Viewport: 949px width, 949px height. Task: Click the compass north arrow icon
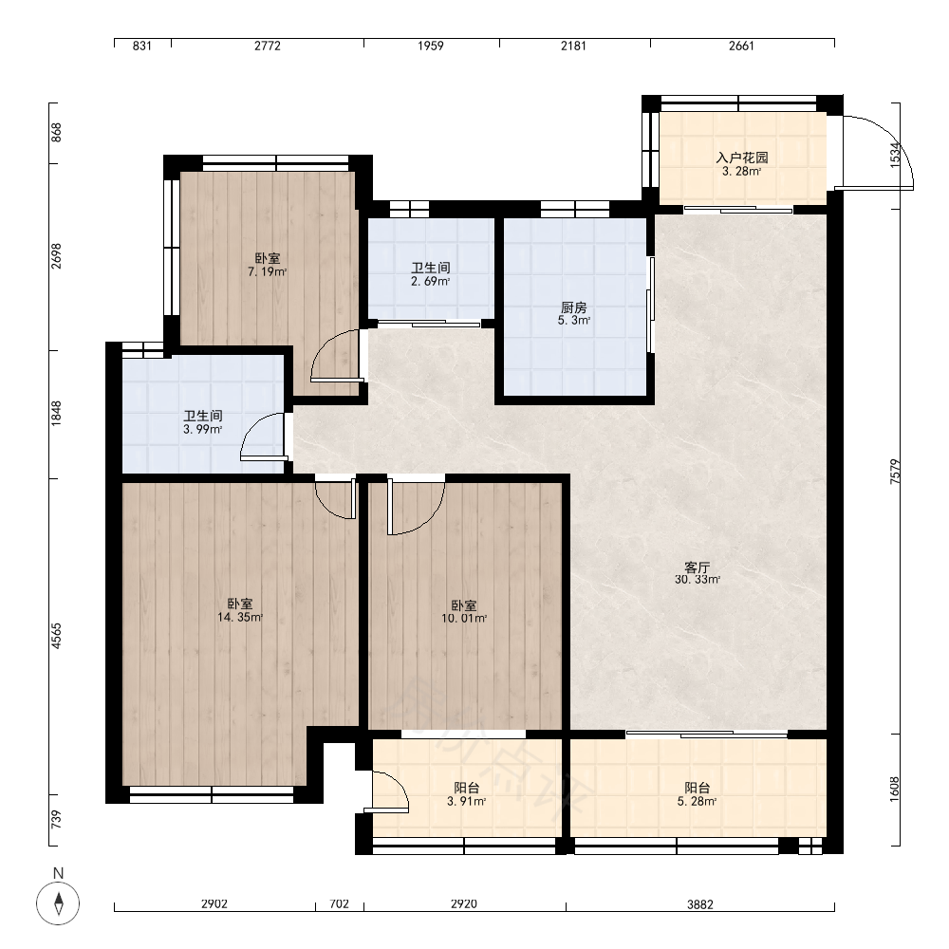click(58, 902)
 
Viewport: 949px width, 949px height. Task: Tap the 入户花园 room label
click(742, 158)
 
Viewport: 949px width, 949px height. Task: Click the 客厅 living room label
click(697, 568)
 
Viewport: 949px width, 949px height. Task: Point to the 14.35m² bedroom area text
click(240, 618)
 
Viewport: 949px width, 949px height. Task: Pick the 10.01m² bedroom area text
click(464, 619)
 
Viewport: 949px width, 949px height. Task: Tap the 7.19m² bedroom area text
click(267, 271)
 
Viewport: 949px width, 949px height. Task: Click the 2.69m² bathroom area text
click(430, 282)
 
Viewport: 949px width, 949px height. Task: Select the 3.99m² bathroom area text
click(203, 430)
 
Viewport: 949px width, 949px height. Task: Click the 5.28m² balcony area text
click(698, 802)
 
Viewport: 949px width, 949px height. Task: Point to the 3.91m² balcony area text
click(467, 802)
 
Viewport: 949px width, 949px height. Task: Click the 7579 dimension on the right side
click(896, 471)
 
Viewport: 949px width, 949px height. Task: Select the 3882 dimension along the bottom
click(700, 904)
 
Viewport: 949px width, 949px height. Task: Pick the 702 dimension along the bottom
click(340, 904)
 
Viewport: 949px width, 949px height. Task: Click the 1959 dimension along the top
click(430, 46)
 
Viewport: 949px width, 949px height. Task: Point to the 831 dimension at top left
click(141, 46)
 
